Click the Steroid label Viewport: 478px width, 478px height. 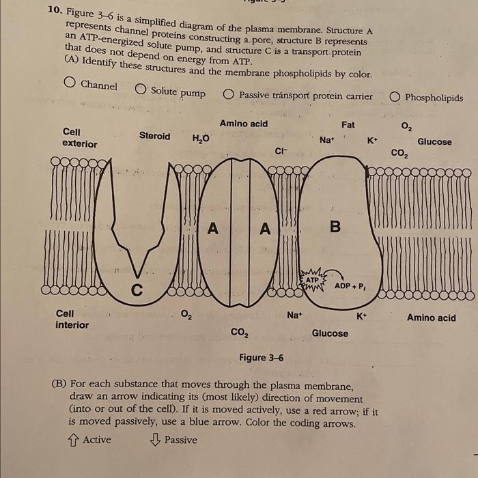154,136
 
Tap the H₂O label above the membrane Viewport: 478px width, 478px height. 201,138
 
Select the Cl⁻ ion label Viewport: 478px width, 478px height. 281,151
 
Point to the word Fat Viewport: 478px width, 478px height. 348,126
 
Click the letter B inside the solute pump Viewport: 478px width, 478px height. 335,227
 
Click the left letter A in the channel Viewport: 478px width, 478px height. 213,230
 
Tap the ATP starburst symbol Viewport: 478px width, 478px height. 312,283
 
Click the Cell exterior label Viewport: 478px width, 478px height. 79,137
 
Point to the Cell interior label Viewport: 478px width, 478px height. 72,319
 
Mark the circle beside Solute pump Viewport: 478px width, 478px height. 140,89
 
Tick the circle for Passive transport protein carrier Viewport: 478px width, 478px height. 228,95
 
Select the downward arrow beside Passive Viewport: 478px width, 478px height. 154,440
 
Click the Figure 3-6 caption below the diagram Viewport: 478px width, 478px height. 261,358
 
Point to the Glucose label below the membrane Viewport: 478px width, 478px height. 330,333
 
